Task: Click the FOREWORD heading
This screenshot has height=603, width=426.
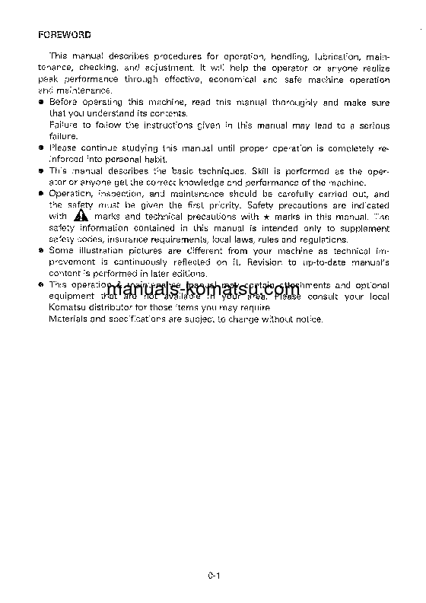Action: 65,35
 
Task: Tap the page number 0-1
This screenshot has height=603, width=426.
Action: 212,576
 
